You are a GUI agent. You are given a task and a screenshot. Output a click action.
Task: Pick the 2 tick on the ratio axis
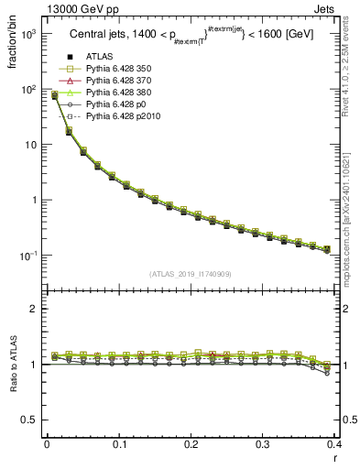(35, 309)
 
